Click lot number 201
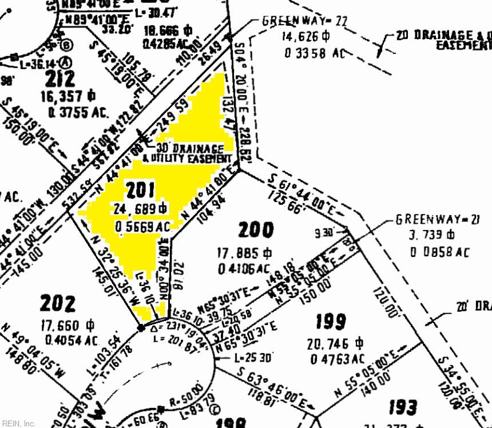point(139,190)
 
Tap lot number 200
point(255,229)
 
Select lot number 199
point(330,322)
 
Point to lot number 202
point(57,303)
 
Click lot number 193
point(402,408)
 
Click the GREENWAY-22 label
point(304,21)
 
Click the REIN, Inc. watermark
point(18,423)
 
